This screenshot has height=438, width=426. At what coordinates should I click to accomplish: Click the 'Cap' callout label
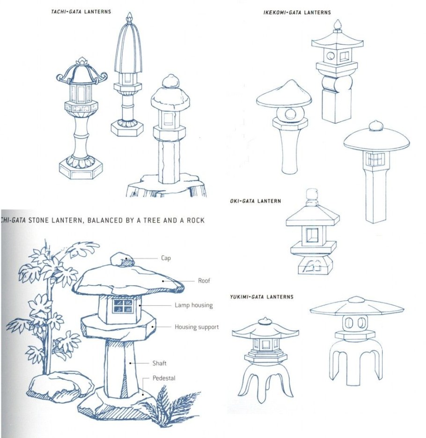pos(166,258)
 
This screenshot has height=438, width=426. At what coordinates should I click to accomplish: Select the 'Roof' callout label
pos(204,281)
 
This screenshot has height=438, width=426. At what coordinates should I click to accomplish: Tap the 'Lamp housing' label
pos(194,305)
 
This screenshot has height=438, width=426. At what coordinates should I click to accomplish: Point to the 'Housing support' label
pos(197,327)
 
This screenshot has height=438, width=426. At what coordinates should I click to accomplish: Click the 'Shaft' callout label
pos(160,363)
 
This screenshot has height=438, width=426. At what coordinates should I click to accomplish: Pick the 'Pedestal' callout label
pos(164,378)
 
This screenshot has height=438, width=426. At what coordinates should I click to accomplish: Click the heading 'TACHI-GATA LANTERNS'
pos(81,12)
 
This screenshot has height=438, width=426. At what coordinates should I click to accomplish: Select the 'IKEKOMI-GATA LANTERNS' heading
pos(297,13)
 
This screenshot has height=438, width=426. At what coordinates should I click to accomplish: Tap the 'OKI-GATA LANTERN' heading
pos(256,201)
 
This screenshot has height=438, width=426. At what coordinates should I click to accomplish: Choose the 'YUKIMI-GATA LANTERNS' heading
pos(262,297)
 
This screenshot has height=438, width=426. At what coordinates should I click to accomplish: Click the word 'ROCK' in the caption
pos(195,220)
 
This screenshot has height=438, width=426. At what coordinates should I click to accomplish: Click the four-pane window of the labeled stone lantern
pos(122,306)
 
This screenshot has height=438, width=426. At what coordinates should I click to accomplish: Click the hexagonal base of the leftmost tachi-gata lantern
pos(81,171)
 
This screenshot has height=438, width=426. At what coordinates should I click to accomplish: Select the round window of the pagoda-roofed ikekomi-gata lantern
pos(331,56)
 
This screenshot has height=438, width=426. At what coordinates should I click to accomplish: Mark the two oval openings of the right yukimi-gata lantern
pos(354,323)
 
